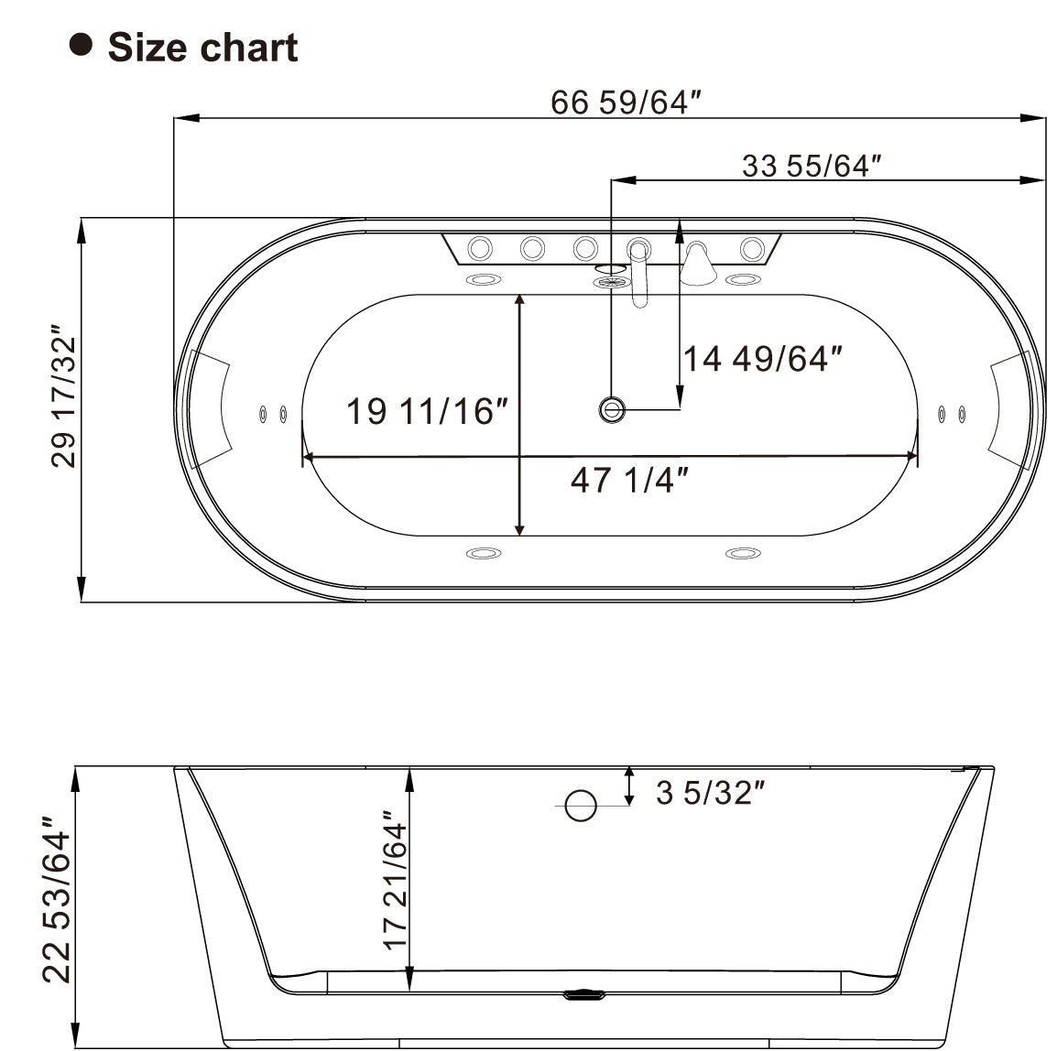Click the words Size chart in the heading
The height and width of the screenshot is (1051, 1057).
coord(202,48)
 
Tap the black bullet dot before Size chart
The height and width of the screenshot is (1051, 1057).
coord(82,44)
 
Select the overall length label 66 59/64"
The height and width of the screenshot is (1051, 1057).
coord(619,103)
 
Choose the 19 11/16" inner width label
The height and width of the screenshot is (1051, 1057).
coord(426,411)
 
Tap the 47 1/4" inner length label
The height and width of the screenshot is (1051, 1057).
coord(628,479)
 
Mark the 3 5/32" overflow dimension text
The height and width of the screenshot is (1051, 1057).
coord(710,792)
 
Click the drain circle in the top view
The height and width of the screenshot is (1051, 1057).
coord(611,408)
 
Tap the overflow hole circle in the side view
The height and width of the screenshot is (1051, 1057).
coord(581,805)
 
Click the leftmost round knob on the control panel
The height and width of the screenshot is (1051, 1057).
coord(480,247)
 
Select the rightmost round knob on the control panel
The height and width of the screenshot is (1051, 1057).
coord(752,247)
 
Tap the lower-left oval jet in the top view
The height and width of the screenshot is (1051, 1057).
coord(483,553)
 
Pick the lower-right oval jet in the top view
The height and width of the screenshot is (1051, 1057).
coord(743,553)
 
